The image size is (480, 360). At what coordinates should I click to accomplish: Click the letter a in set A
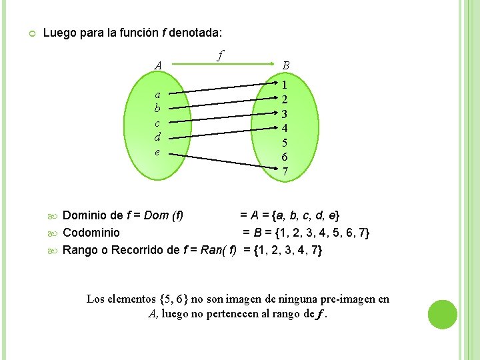[157, 94]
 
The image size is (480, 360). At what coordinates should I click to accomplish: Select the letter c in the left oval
[157, 123]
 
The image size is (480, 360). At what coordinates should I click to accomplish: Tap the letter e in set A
[157, 153]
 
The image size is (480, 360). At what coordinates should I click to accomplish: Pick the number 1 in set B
[285, 85]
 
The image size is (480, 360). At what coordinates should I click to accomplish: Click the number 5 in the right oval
[285, 142]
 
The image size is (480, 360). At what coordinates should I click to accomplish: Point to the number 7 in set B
[285, 171]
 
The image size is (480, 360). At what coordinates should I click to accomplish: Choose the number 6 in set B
[285, 157]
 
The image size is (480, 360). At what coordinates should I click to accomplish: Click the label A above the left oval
[157, 65]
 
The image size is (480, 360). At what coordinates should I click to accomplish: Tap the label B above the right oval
[285, 65]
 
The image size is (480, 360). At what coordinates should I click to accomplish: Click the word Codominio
[91, 233]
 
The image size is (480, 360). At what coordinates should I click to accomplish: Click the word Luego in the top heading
[57, 32]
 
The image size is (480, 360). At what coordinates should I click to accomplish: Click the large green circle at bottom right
[442, 315]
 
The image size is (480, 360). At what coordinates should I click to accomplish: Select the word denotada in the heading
[195, 32]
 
